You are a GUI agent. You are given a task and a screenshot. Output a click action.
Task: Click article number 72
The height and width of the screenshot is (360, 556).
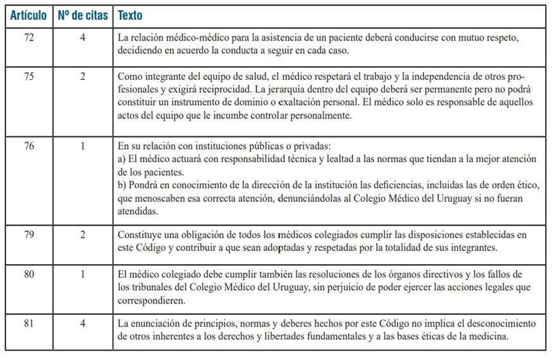[29, 37]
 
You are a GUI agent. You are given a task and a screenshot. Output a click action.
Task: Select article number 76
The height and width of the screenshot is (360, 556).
[29, 146]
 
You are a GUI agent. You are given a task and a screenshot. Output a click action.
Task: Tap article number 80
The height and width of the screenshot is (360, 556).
[29, 274]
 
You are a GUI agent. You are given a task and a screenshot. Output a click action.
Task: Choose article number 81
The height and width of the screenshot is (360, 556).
[29, 323]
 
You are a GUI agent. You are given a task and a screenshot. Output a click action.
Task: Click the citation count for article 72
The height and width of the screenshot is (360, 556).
[82, 37]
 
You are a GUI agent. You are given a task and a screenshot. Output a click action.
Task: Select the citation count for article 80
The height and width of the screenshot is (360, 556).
[82, 274]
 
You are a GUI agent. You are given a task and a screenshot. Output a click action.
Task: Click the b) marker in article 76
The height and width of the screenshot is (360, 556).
[122, 184]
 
